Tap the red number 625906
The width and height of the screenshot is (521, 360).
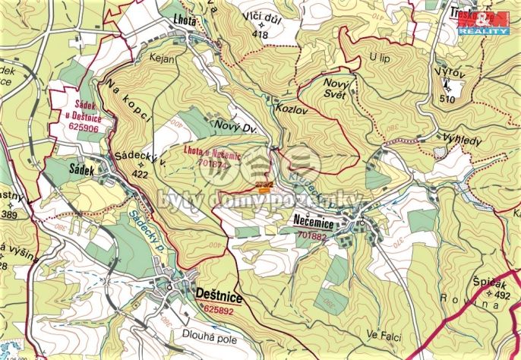84,128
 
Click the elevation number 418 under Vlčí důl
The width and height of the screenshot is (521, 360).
261,34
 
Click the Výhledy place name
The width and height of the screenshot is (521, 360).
463,141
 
